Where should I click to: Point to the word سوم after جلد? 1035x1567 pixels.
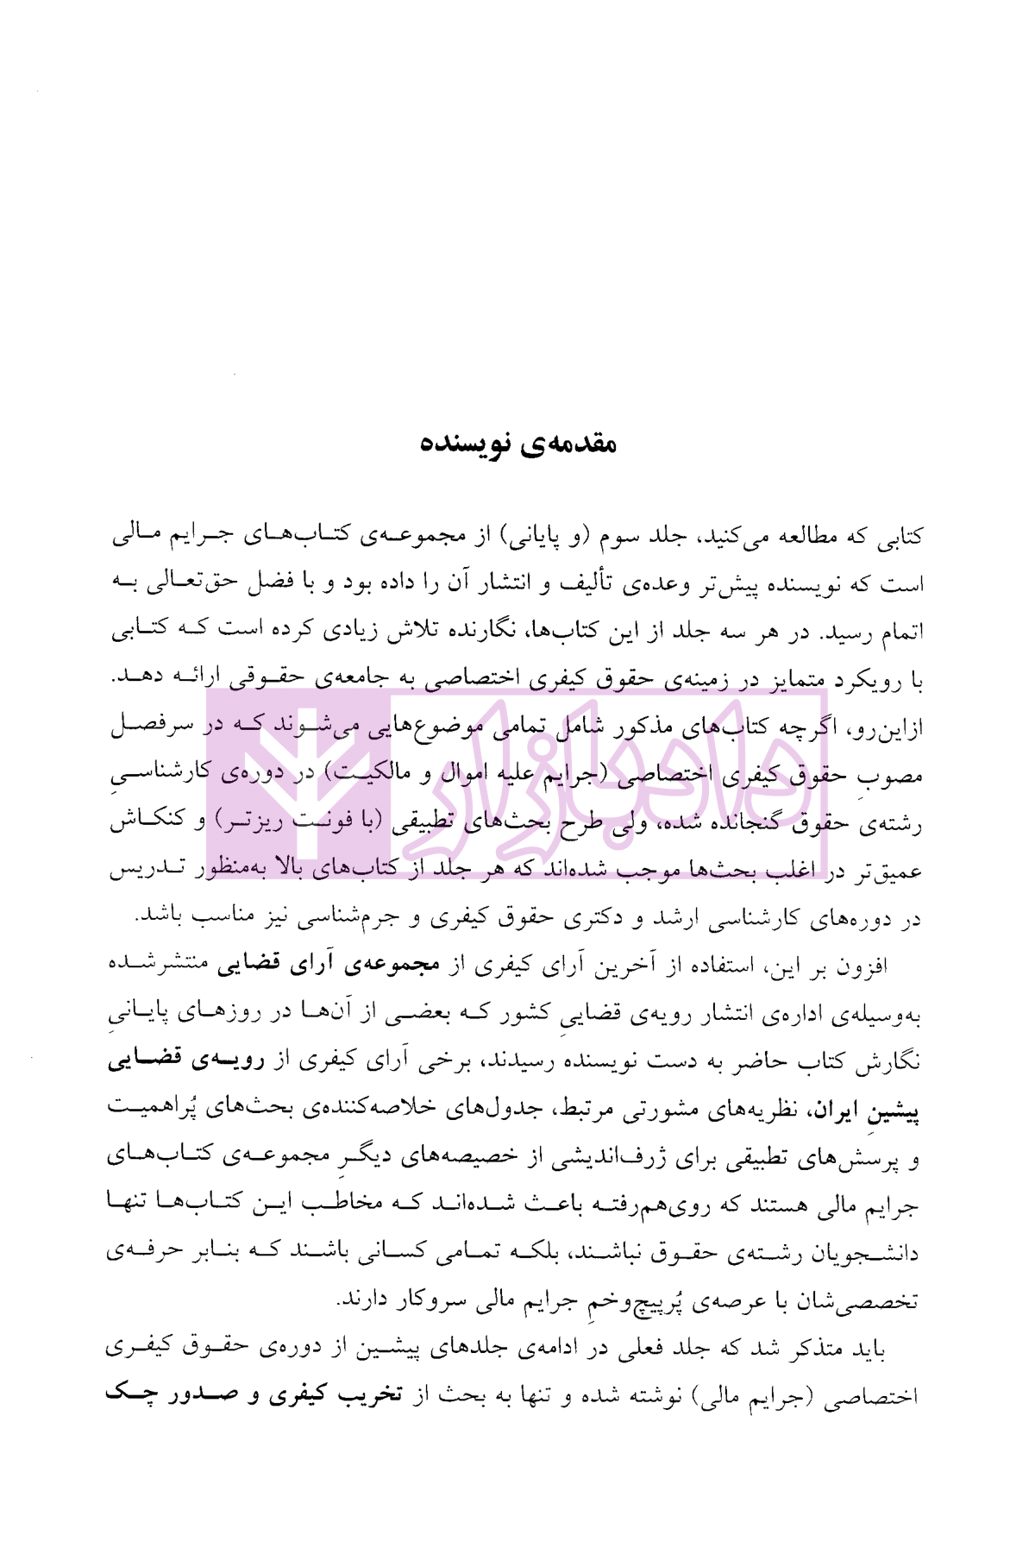617,537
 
